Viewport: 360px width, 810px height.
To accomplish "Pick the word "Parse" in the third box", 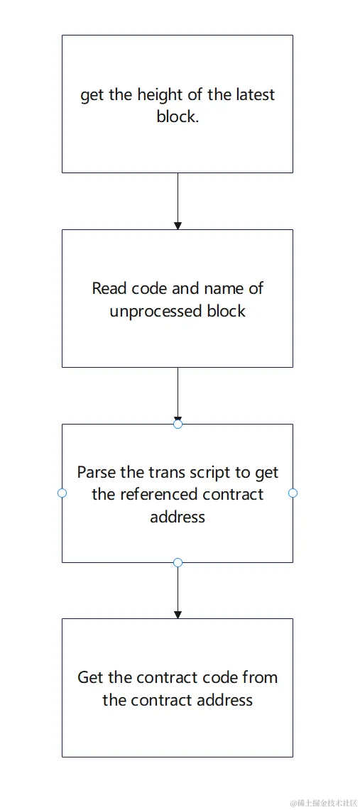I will point(97,473).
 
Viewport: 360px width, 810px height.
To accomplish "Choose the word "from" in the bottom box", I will point(259,677).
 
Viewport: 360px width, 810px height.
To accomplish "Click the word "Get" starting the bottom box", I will point(90,677).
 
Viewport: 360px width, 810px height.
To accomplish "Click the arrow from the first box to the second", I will point(178,201).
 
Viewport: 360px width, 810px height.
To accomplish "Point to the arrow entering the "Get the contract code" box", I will point(178,591).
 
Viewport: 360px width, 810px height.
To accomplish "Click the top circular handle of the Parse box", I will point(178,424).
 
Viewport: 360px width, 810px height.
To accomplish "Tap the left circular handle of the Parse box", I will point(62,493).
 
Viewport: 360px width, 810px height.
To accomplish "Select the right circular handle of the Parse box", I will point(293,493).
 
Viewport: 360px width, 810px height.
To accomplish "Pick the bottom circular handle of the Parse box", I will point(178,562).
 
